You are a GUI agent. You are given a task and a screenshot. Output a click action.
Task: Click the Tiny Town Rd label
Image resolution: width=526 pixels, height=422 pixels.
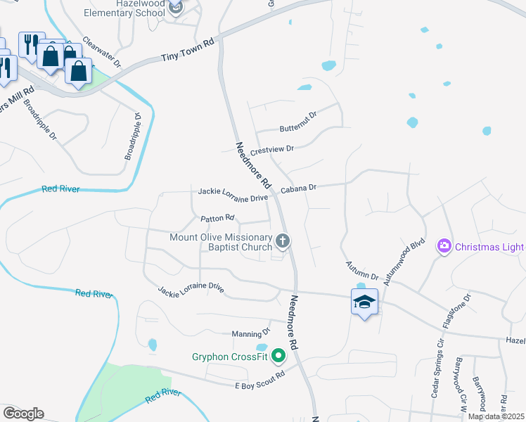[x=187, y=51]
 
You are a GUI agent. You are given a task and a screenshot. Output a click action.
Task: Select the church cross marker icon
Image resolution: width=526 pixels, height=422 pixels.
[x=283, y=242]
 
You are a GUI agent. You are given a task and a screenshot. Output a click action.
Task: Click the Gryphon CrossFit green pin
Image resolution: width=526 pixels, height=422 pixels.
[x=278, y=356]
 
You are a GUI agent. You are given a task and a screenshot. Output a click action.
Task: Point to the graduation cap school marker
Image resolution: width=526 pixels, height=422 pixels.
[x=364, y=302]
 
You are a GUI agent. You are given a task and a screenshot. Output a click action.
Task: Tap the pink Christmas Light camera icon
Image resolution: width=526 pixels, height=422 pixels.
[x=444, y=246]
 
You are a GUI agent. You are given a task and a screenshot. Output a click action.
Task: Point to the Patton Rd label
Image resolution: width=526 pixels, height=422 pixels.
[x=217, y=219]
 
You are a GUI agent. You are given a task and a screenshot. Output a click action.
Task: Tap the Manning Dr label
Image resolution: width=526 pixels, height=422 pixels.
[x=251, y=333]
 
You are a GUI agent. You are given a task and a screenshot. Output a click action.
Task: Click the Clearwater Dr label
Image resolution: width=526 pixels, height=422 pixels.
[x=102, y=52]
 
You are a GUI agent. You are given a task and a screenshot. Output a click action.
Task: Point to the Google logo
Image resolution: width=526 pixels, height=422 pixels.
[x=23, y=413]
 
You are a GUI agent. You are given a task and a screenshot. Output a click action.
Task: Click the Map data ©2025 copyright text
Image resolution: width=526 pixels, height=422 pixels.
[x=496, y=416]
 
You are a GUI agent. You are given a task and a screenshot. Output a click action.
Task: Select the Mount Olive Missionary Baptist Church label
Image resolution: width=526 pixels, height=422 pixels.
[x=221, y=242]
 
